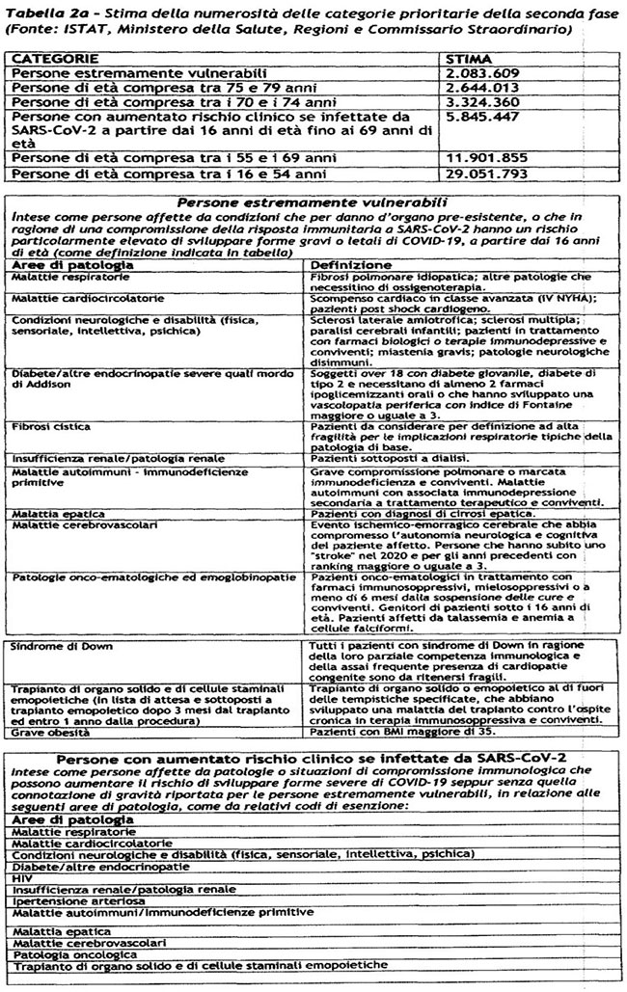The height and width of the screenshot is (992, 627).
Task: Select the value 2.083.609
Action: [479, 73]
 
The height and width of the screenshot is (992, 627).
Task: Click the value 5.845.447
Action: [479, 116]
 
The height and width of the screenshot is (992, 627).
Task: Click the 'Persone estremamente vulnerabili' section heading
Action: [313, 202]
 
